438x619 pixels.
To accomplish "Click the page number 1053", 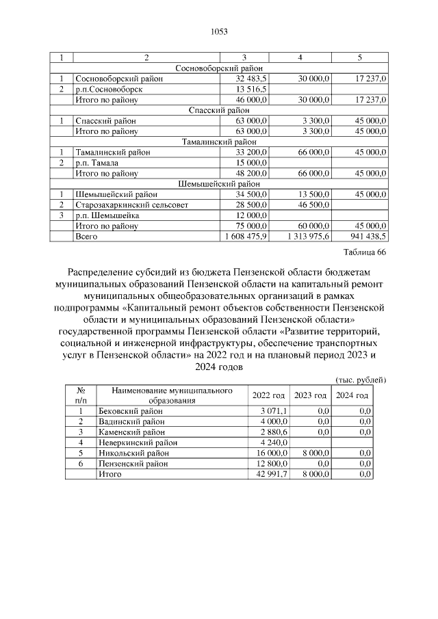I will click(x=218, y=31).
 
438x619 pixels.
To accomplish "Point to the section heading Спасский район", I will click(x=219, y=110).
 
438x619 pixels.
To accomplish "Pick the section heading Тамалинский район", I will click(x=219, y=142).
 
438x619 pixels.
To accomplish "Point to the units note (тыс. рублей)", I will click(x=361, y=380).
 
